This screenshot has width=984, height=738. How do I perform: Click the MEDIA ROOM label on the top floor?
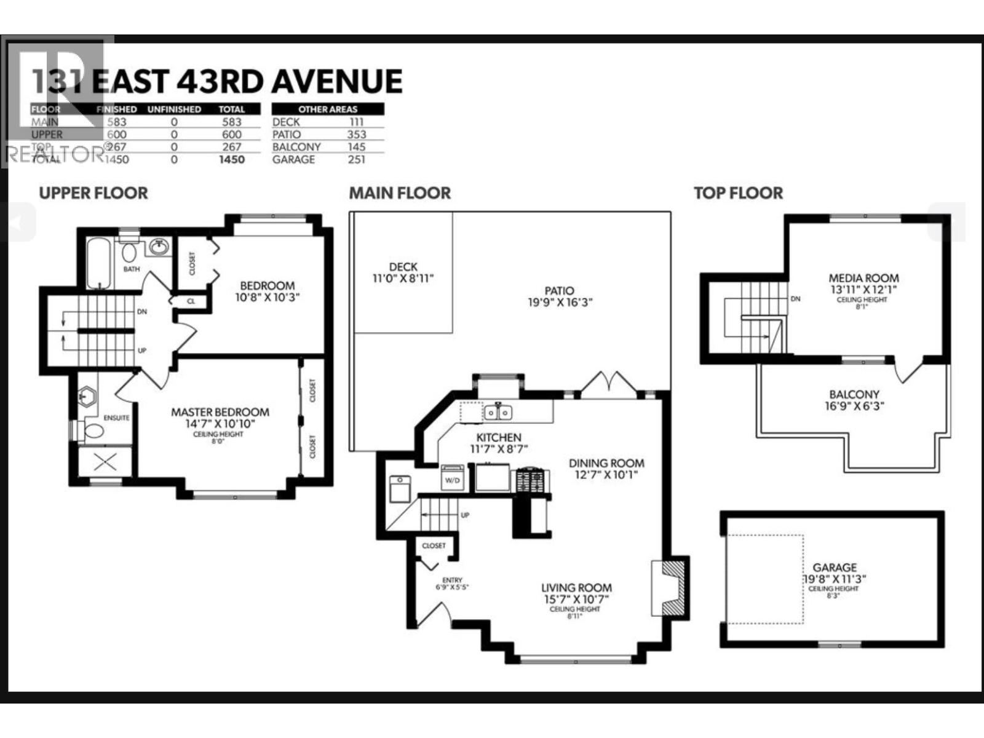pos(863,278)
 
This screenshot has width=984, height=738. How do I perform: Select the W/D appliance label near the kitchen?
pos(452,480)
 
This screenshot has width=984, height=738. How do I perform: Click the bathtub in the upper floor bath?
pos(99,263)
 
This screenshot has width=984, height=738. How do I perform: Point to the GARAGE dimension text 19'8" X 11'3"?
pos(835,579)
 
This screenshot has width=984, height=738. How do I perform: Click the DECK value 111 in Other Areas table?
pos(356,122)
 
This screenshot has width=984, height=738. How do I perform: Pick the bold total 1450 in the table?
pos(231,159)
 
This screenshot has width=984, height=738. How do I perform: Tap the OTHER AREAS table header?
pos(328,109)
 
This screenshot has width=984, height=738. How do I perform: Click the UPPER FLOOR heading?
pos(93,193)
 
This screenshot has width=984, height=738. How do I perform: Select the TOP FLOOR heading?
pos(738,193)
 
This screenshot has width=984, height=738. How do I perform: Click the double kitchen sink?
pos(498,412)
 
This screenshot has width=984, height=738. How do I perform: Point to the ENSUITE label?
pos(116,418)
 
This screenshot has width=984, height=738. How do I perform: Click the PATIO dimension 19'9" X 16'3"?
pos(559,303)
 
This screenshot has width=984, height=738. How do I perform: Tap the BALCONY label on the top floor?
pos(854,394)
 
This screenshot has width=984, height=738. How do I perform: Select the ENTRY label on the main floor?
pos(452,580)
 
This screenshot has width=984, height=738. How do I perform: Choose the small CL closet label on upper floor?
pos(191,301)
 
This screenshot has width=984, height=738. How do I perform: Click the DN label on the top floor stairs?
pos(795,299)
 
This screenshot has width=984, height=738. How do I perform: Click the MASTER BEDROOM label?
pos(220,412)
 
